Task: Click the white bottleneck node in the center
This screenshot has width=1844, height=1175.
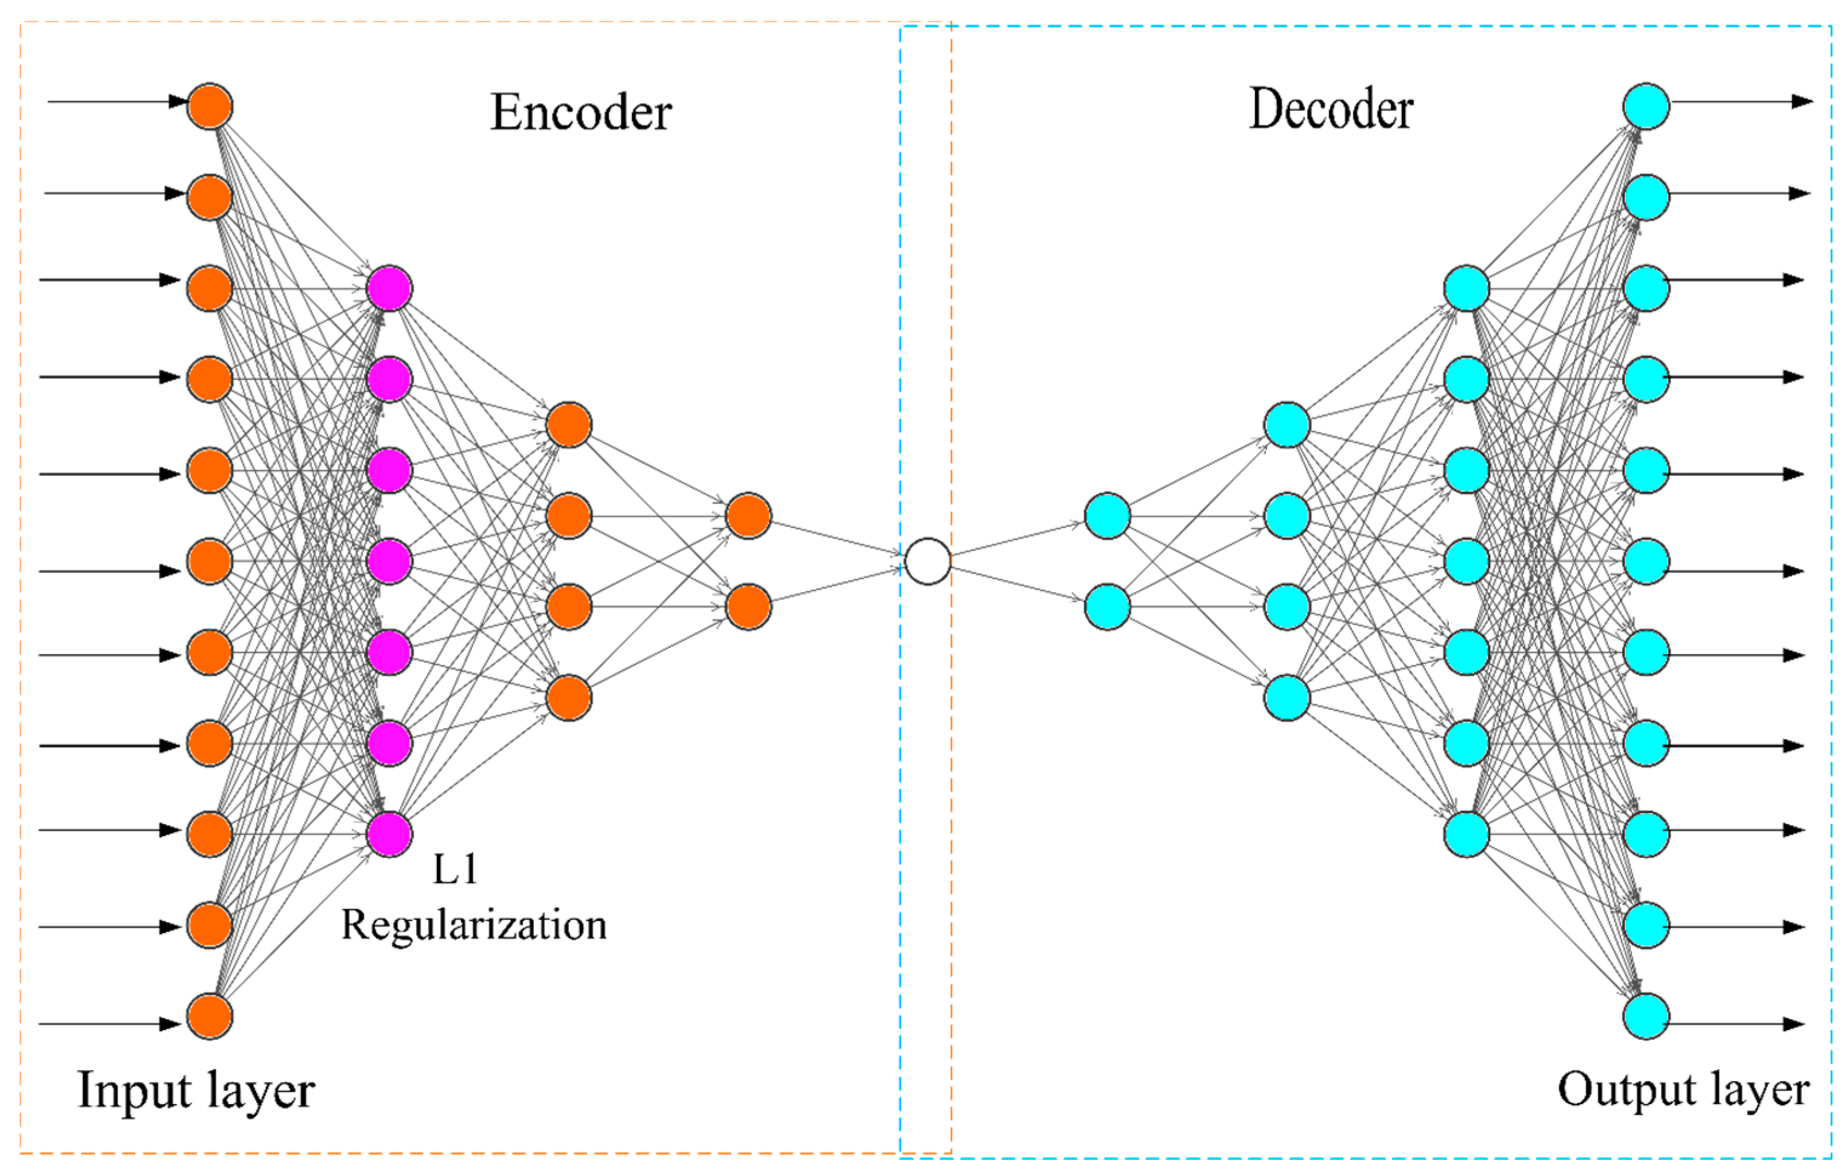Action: pos(927,561)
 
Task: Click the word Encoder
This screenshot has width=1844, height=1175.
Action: pos(581,113)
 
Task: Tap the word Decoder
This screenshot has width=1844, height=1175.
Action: pos(1331,110)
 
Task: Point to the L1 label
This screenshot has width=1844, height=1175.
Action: pos(456,869)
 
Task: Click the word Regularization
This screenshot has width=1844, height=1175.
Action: pos(473,925)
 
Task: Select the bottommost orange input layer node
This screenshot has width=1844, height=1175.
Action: pos(210,1016)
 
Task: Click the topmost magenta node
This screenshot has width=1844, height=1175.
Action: pos(390,289)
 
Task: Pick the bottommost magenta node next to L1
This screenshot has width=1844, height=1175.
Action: pos(390,834)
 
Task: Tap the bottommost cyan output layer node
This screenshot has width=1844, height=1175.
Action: pos(1646,1016)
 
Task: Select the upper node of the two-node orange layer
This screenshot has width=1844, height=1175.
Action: pos(748,517)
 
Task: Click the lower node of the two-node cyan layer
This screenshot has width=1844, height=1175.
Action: pos(1107,607)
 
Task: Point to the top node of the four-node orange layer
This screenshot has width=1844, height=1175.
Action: pos(569,425)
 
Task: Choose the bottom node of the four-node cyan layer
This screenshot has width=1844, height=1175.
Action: pos(1287,698)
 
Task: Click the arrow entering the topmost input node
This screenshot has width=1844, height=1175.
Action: pos(115,101)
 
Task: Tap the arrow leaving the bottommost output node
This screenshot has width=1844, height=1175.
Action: pos(1739,1023)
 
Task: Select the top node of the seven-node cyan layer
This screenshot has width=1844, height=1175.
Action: pos(1466,289)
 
